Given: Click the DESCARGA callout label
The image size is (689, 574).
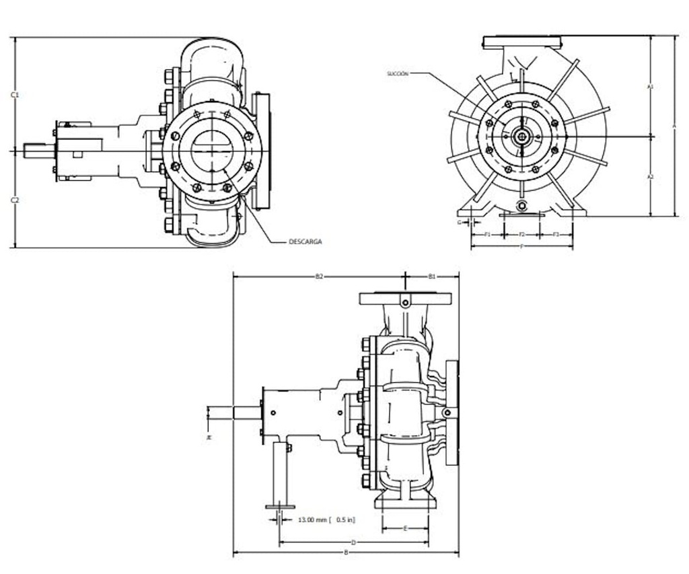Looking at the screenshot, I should coord(305,241).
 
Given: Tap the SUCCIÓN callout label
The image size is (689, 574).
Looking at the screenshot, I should coord(398,73).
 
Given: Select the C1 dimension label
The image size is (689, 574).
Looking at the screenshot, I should coord(15,95).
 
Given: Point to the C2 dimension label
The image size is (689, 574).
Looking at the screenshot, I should coord(15,200).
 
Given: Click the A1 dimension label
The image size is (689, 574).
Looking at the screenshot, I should coord(650,86).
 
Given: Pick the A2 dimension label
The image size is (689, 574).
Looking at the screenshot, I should coord(650,176).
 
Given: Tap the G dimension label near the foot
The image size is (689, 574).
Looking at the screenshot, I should coord(459,221).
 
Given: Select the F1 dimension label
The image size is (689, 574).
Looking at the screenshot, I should coord(488,234).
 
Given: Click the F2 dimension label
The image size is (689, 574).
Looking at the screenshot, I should coord(522,234).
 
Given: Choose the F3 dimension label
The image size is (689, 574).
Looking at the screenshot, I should coord(556,234).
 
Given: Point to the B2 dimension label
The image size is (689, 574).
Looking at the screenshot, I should coord(320,276).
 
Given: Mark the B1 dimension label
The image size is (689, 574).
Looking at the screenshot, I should coord(432,276).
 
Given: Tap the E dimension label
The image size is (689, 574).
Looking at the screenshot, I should coord(405,529).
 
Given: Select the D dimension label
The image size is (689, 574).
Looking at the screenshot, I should coord(353,542).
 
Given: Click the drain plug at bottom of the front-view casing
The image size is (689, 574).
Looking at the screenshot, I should coord(521,205).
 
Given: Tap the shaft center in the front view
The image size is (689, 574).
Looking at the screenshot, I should coord(521,136).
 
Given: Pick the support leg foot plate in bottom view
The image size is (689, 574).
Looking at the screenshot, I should coord(280,507).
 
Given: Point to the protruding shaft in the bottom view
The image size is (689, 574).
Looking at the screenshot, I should coord(235,412).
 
